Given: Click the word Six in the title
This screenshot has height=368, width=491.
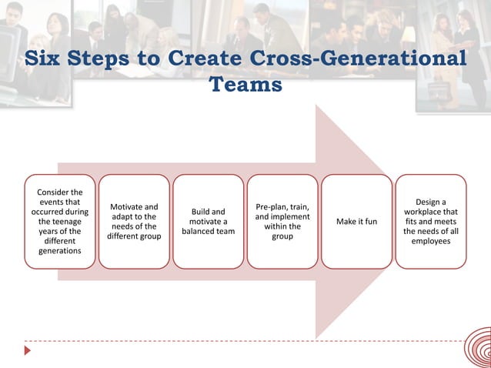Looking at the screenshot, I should pyautogui.click(x=43, y=59).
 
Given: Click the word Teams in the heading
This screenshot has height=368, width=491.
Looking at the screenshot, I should pyautogui.click(x=246, y=84).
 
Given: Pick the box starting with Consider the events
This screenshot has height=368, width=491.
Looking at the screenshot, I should pyautogui.click(x=59, y=221).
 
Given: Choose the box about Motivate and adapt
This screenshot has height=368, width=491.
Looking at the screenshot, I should pyautogui.click(x=134, y=221).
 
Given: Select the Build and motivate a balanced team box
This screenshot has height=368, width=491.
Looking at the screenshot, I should pyautogui.click(x=208, y=221).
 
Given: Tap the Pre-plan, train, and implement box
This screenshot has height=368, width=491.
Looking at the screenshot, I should pyautogui.click(x=282, y=221).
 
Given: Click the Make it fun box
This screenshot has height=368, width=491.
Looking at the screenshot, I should pyautogui.click(x=356, y=221).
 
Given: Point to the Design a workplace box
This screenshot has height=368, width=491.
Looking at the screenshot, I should pyautogui.click(x=431, y=221).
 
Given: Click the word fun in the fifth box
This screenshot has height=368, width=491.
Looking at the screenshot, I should pyautogui.click(x=370, y=222).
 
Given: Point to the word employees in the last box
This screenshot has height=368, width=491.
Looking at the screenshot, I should pyautogui.click(x=431, y=241).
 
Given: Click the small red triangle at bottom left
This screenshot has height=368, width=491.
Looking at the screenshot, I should pyautogui.click(x=28, y=350).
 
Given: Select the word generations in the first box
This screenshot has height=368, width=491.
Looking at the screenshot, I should pyautogui.click(x=59, y=251).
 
